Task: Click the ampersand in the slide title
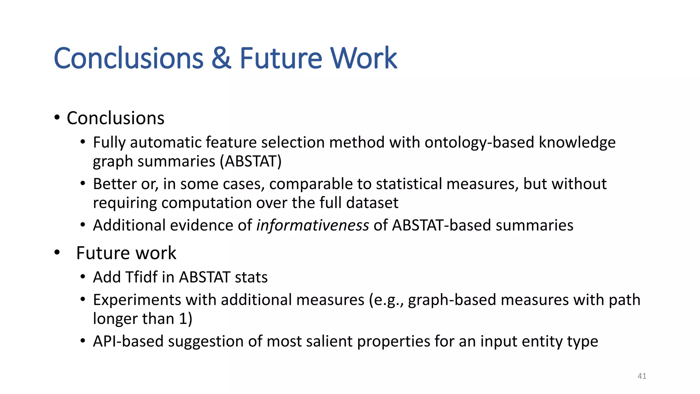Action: (x=221, y=58)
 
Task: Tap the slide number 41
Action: (x=642, y=376)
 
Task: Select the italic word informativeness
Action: (x=313, y=225)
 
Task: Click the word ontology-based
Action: (x=479, y=143)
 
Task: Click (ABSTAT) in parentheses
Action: (x=251, y=161)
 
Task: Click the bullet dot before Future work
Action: (x=57, y=253)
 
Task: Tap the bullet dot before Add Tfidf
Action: (x=83, y=277)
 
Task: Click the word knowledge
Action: (x=577, y=143)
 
